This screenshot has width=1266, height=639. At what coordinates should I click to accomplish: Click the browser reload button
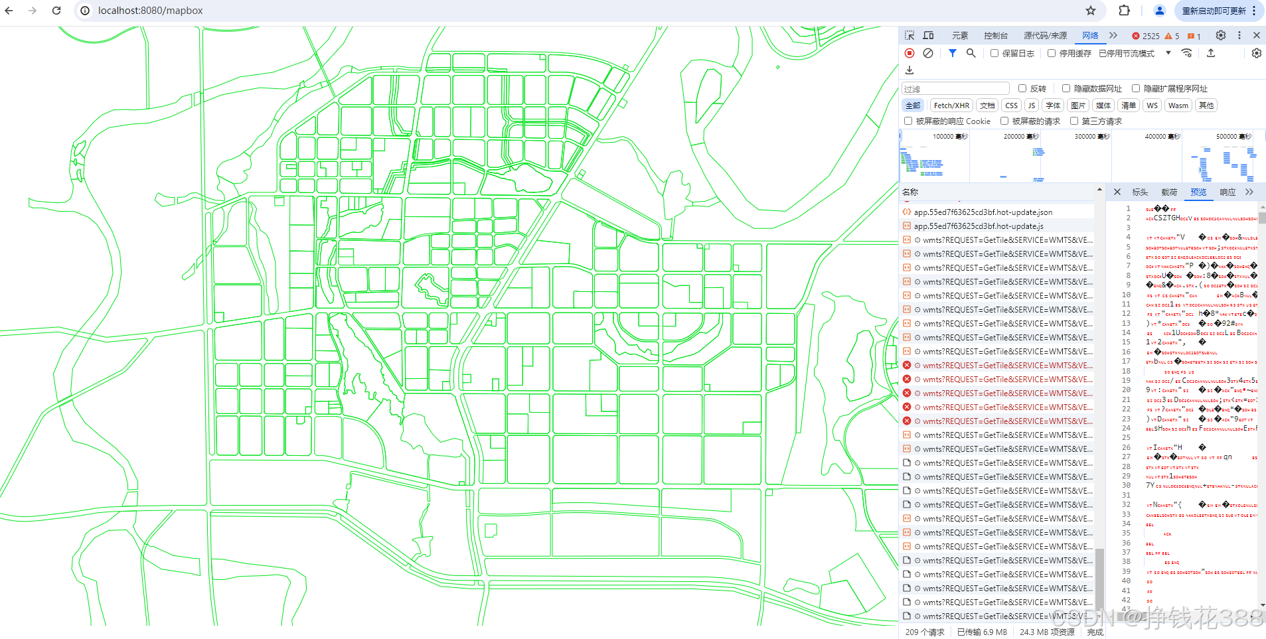[x=56, y=11]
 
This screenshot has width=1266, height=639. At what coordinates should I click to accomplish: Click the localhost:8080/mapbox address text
[x=150, y=11]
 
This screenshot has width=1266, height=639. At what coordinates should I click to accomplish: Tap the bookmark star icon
[x=1091, y=11]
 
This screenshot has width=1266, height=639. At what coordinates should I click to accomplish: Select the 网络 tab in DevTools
[x=1090, y=36]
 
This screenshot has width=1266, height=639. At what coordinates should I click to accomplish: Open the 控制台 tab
[x=996, y=36]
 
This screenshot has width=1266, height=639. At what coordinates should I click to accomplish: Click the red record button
[x=910, y=53]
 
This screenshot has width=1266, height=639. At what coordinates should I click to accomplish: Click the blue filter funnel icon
[x=953, y=53]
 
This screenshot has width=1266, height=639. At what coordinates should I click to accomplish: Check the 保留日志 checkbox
[x=994, y=53]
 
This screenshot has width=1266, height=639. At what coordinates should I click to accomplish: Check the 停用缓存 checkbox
[x=1052, y=53]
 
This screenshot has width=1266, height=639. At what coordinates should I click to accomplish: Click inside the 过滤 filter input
[x=955, y=89]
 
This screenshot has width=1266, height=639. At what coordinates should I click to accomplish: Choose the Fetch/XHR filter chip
[x=951, y=106]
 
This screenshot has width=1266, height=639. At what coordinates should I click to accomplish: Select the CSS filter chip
[x=1011, y=106]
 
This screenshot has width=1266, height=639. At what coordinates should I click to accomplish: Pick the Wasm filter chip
[x=1178, y=106]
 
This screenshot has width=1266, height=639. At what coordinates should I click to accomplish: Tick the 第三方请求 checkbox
[x=1074, y=121]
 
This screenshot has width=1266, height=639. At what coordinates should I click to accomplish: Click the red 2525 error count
[x=1147, y=36]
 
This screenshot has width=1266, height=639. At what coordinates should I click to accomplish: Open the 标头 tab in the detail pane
[x=1140, y=192]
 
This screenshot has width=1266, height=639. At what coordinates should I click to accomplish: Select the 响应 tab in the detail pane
[x=1227, y=192]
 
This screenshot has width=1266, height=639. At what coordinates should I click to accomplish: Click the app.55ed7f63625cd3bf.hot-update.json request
[x=983, y=212]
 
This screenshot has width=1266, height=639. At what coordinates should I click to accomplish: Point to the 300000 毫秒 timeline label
[x=1092, y=137]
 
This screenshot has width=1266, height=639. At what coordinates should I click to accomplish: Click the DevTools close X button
[x=1257, y=35]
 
